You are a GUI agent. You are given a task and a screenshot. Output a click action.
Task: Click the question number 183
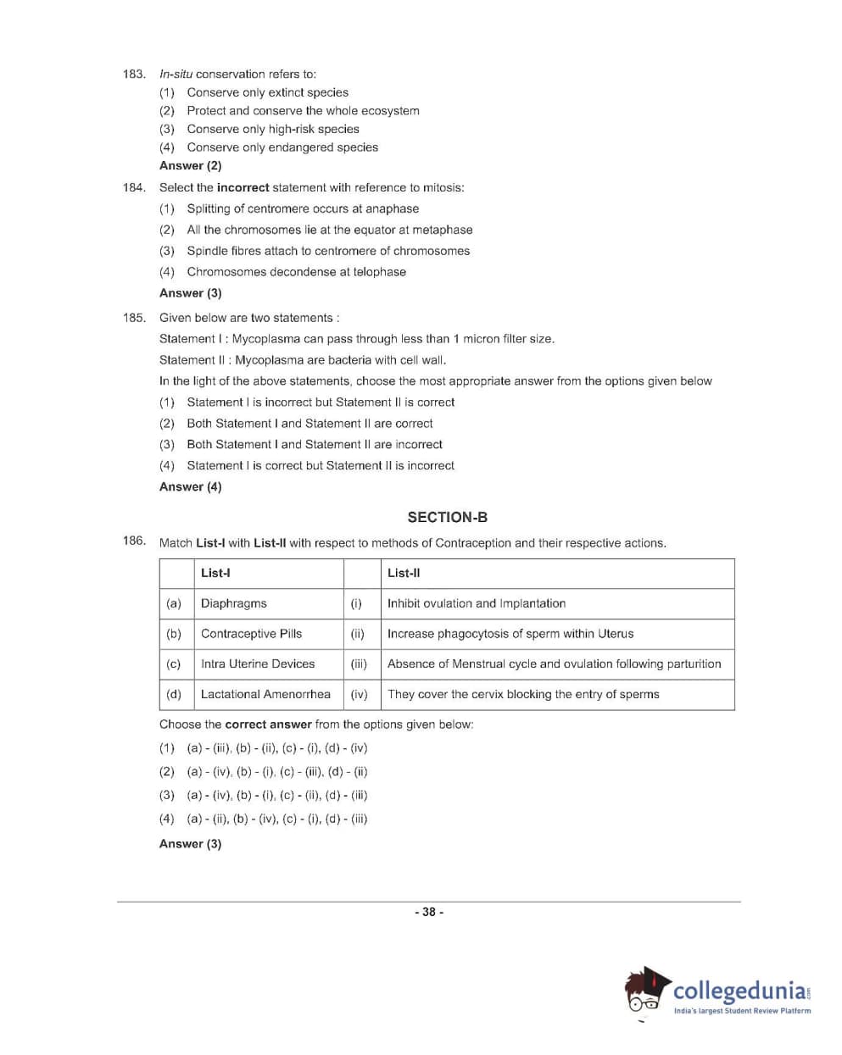(x=133, y=74)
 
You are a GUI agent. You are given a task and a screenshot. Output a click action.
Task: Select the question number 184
(x=133, y=187)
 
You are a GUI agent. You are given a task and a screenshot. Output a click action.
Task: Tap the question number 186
(x=133, y=541)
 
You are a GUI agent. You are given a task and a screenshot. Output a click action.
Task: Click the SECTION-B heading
(x=447, y=517)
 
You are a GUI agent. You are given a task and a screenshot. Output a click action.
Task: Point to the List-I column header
(x=215, y=573)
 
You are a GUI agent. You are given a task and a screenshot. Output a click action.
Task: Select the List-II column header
(x=404, y=573)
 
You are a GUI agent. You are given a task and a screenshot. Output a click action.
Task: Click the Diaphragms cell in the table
(x=234, y=603)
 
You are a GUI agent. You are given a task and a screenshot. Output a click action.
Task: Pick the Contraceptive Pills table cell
(x=251, y=634)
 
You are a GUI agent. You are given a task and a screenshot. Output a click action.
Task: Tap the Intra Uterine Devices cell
(x=258, y=664)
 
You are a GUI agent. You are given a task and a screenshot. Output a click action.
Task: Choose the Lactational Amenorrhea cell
(x=265, y=694)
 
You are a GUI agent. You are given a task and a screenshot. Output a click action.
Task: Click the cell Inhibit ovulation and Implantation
(x=477, y=603)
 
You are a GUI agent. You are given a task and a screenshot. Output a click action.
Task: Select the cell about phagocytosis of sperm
(x=510, y=634)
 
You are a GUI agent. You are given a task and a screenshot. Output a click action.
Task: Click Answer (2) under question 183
(x=190, y=165)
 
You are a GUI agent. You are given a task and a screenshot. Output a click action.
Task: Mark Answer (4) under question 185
(x=190, y=486)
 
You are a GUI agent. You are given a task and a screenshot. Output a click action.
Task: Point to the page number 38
(x=429, y=912)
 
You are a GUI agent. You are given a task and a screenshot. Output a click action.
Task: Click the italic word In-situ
(x=176, y=74)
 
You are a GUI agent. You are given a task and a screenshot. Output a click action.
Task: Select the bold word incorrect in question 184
(x=243, y=187)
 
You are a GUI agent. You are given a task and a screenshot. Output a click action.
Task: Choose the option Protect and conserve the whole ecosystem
(x=303, y=110)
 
